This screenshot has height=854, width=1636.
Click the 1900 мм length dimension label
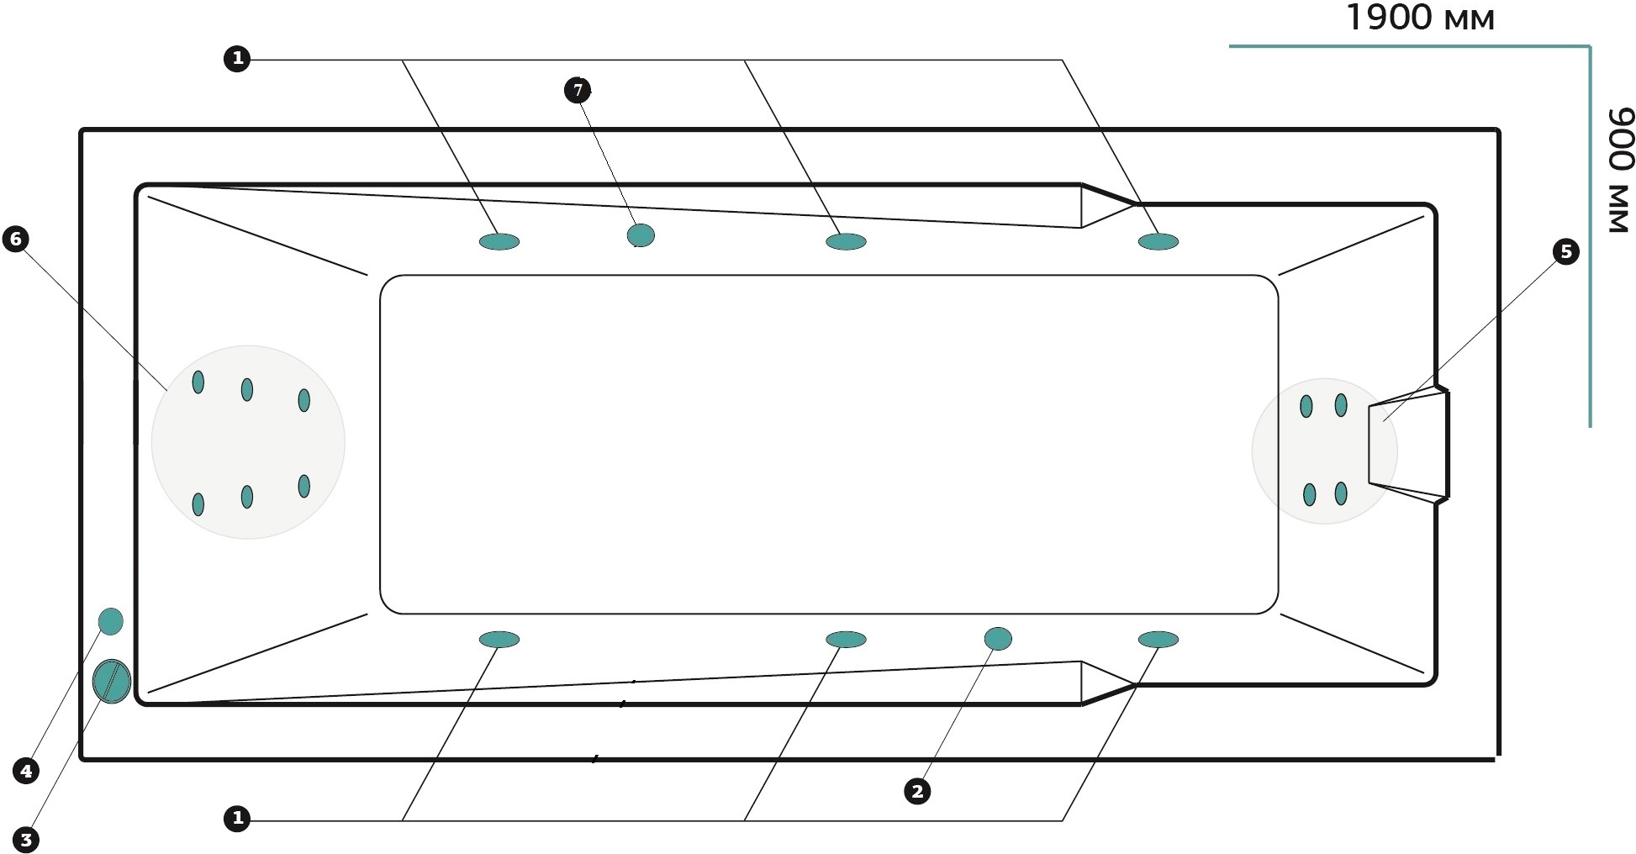pos(1420,17)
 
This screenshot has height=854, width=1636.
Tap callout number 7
pos(578,90)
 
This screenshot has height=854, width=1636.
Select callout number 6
pos(15,240)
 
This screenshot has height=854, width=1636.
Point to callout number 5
pos(1565,251)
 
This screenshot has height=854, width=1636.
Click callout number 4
pos(26,770)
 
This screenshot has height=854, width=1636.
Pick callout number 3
pos(26,839)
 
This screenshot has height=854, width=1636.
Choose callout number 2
pos(917,791)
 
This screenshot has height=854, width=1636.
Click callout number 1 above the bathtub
pos(237,59)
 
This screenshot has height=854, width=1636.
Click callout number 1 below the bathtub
pos(237,818)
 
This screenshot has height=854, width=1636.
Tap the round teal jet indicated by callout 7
pos(641,235)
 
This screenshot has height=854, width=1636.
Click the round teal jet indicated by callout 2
pos(998,639)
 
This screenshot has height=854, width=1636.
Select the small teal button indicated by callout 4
pos(111,621)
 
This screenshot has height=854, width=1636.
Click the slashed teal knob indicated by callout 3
pos(111,681)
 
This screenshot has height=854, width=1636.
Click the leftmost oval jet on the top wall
pos(499,242)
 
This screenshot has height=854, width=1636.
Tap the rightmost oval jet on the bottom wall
pos(1158,640)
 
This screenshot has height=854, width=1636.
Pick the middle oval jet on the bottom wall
pos(846,640)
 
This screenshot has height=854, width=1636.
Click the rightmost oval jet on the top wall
pos(1158,242)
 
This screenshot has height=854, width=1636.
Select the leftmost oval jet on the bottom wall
pos(499,640)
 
